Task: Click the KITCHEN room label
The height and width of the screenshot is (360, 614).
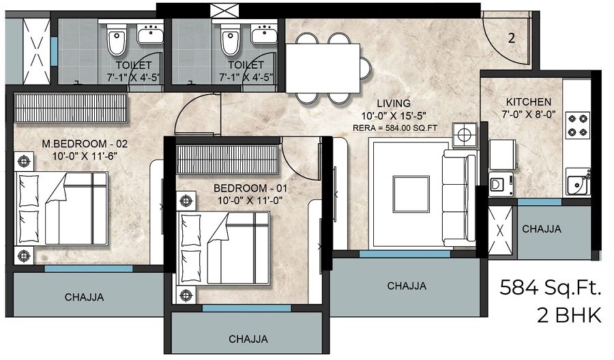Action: pos(524,102)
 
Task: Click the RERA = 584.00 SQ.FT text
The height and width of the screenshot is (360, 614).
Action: pos(395,127)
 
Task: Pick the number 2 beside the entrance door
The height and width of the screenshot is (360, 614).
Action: pos(511,38)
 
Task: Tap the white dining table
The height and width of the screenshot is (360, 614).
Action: pos(323,67)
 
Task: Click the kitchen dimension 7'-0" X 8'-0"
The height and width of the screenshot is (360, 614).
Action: pos(524,115)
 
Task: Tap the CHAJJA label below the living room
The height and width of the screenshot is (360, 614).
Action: pos(407,286)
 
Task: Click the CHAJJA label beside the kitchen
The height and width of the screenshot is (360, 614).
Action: pos(542,229)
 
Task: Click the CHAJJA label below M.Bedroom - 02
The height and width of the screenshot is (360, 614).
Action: pos(85,297)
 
